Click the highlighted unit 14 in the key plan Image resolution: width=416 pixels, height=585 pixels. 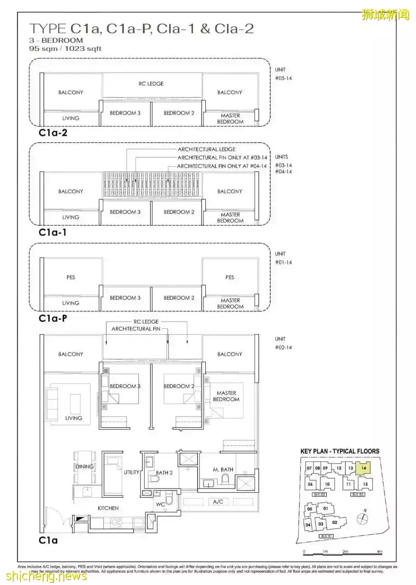(x=363, y=468)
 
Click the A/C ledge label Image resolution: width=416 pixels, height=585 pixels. (x=217, y=502)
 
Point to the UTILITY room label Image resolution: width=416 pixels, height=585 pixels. (x=132, y=472)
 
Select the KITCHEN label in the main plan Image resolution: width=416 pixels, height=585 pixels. (x=108, y=508)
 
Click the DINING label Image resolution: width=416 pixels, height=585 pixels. (x=84, y=467)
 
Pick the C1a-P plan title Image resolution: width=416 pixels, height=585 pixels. (x=53, y=318)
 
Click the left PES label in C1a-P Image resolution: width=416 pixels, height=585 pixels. (x=71, y=277)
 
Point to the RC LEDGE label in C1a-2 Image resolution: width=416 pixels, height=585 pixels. (x=151, y=84)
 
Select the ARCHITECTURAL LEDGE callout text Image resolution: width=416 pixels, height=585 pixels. (x=207, y=149)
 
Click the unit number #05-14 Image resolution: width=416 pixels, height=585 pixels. (x=283, y=78)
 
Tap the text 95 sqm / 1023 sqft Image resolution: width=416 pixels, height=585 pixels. (x=66, y=48)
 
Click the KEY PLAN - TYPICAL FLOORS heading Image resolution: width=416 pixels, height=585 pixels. (x=340, y=451)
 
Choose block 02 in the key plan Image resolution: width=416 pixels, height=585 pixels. (x=335, y=522)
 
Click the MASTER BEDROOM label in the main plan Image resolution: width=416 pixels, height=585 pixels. (x=226, y=396)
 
